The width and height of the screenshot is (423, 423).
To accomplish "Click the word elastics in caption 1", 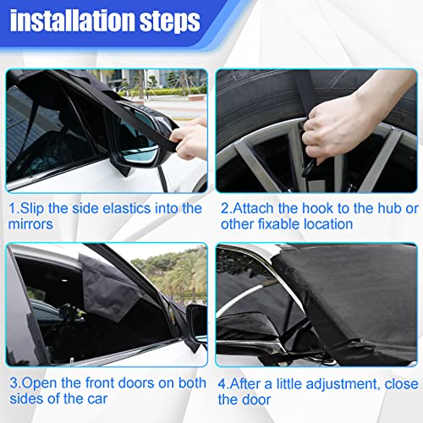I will coord(121,208).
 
